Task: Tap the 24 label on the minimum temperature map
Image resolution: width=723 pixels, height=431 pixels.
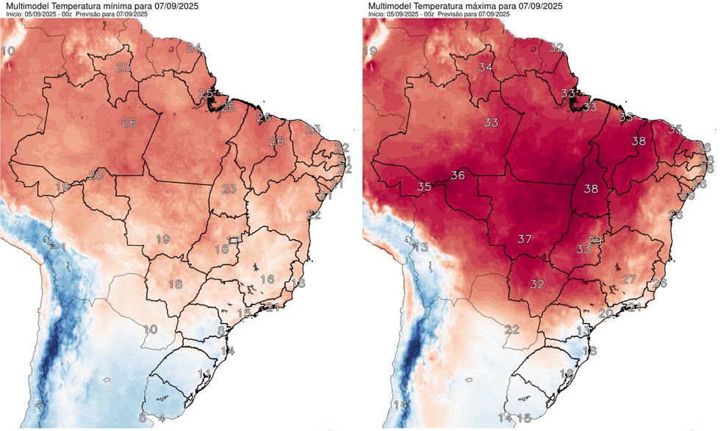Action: click(194, 48)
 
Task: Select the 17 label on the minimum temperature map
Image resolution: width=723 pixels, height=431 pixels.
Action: click(234, 240)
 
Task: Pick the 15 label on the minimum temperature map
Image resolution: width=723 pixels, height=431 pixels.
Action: click(244, 313)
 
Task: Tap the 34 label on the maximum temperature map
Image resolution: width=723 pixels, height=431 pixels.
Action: click(486, 67)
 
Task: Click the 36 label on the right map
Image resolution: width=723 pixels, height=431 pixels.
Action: click(458, 175)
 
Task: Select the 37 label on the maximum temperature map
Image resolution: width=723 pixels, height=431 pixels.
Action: click(525, 239)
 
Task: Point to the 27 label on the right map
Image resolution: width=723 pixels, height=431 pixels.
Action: click(629, 279)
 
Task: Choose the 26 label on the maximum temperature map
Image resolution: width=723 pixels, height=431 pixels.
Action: click(660, 283)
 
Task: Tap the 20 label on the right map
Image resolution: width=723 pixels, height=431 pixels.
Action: click(605, 313)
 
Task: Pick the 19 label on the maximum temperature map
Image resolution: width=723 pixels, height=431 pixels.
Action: click(370, 51)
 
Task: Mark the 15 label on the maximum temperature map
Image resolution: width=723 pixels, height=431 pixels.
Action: click(524, 418)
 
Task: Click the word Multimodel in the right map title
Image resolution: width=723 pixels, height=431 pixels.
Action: click(390, 6)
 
